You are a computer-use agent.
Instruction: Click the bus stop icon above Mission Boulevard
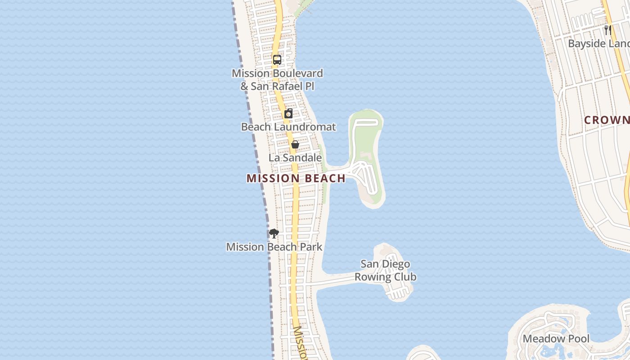277,60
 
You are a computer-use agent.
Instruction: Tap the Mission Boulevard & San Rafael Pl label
277,79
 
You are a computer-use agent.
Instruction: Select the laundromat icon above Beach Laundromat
288,113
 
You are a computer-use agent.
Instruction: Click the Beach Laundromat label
288,127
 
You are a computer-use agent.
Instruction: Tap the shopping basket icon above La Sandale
295,144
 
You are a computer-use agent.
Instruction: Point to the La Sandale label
295,158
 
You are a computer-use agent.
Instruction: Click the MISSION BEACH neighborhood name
296,179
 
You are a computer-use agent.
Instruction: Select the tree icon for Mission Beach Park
274,233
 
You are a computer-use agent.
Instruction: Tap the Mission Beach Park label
274,247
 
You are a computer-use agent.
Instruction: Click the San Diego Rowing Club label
385,270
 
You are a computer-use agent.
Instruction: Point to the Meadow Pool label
556,339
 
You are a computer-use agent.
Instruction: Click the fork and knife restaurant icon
607,30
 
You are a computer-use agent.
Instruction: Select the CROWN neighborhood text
607,120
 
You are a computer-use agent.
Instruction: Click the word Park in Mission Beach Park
311,247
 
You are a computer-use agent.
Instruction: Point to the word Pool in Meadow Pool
578,339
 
